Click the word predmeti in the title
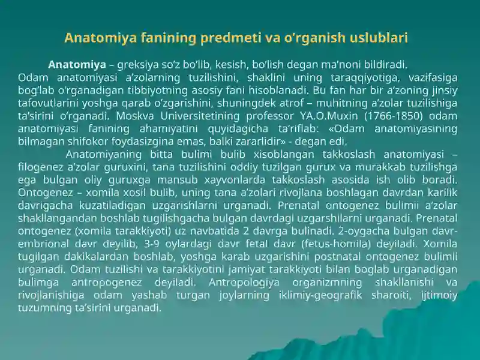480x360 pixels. [x=229, y=38]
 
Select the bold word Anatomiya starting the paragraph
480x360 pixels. [x=77, y=65]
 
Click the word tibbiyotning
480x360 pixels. [x=173, y=91]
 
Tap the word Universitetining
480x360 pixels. [x=225, y=116]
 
